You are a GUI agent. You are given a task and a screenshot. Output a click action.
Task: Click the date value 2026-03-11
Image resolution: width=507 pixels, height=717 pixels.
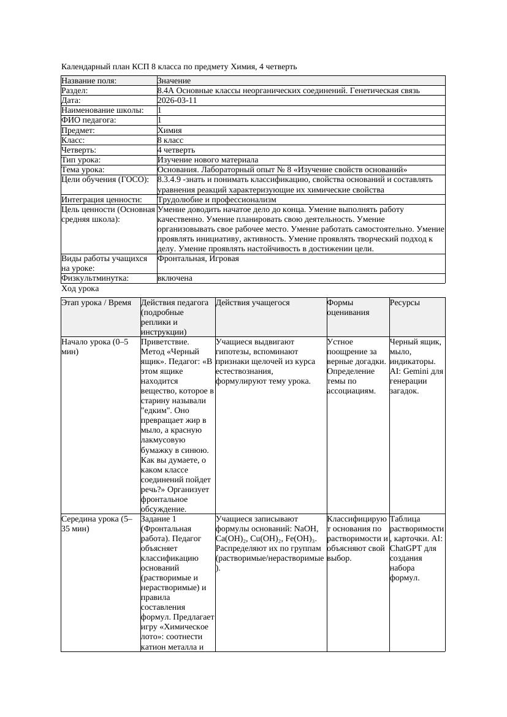[x=177, y=101]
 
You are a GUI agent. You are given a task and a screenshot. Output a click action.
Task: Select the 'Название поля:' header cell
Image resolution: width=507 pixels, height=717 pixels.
[x=89, y=81]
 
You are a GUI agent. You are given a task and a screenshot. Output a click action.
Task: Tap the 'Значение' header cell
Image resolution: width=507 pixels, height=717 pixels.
[x=174, y=81]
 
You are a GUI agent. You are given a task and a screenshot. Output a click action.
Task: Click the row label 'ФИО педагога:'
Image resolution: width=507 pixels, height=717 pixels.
[x=89, y=120]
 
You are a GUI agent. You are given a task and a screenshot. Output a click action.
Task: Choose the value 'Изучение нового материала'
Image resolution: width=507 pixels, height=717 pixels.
[x=208, y=159]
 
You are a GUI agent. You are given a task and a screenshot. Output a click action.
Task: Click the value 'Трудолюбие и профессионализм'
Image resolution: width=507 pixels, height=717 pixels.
[x=216, y=199]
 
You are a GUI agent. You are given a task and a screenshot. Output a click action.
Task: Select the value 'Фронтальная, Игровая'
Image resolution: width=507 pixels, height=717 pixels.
[x=198, y=259]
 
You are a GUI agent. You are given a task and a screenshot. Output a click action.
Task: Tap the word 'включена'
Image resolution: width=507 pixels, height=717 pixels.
[x=175, y=278]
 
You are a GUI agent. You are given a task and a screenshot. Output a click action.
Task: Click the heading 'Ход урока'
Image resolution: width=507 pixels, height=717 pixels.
[x=80, y=288]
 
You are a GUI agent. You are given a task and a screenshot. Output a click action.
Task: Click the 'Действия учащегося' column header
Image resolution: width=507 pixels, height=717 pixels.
[x=253, y=303]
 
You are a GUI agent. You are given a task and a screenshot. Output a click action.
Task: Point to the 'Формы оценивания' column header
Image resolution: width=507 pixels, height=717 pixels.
[x=348, y=308]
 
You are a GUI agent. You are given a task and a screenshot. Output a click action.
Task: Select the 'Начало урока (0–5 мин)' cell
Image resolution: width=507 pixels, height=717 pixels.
[x=95, y=347]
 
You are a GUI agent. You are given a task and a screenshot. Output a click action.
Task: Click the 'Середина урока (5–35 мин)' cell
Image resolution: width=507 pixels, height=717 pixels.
[x=97, y=523]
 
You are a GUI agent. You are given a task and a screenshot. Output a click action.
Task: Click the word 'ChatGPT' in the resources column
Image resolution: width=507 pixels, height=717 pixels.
[x=406, y=548]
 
